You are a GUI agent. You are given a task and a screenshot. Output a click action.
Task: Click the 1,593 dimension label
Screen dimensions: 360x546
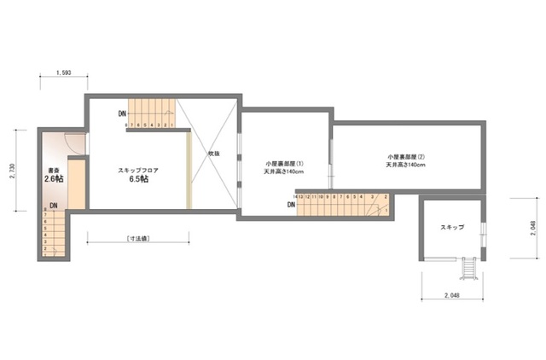[x=62, y=73]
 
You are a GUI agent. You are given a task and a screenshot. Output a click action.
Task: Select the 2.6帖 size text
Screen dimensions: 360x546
[x=54, y=180]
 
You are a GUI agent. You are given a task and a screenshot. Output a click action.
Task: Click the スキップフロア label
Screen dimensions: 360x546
[x=138, y=171]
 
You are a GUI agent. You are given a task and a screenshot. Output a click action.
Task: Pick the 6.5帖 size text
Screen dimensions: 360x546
[x=138, y=180]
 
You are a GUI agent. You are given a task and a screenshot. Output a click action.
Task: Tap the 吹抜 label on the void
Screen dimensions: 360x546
[x=214, y=154]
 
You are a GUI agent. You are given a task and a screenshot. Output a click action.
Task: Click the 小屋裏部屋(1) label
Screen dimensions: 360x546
[x=284, y=163]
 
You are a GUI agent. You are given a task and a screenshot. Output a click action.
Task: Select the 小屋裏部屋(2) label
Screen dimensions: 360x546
[x=405, y=157]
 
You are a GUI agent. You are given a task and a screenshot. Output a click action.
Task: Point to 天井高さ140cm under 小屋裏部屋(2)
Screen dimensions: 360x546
[x=405, y=165]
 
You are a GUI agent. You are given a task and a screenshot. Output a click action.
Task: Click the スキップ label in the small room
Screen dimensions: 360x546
[x=452, y=228]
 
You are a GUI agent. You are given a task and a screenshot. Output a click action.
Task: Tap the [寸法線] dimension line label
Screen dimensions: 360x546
[x=136, y=238]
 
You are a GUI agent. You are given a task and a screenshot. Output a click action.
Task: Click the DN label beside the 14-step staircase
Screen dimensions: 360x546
[x=292, y=205]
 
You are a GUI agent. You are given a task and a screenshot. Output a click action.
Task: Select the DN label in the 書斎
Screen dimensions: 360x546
[x=53, y=206]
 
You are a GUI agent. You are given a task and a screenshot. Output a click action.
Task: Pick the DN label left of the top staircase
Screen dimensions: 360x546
[x=122, y=114]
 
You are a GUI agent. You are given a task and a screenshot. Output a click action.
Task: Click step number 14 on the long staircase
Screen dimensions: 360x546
[x=295, y=196]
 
